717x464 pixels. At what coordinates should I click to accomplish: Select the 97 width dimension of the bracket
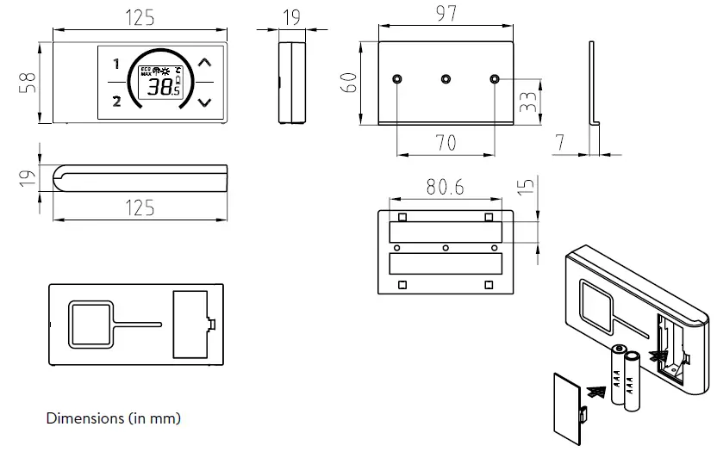446,13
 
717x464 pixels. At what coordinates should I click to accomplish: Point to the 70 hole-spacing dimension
446,143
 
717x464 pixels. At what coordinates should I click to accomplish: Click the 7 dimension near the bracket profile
559,143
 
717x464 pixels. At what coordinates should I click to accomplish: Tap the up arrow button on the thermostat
204,63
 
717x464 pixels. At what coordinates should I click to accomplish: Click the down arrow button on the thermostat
204,102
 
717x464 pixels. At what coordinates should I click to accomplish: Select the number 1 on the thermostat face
116,64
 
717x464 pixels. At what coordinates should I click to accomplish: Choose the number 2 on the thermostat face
116,102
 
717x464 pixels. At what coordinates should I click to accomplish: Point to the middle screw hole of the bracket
446,79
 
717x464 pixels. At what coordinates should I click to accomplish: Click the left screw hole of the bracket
396,79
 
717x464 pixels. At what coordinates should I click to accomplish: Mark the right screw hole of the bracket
495,79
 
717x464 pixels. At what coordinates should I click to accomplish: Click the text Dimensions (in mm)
113,418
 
